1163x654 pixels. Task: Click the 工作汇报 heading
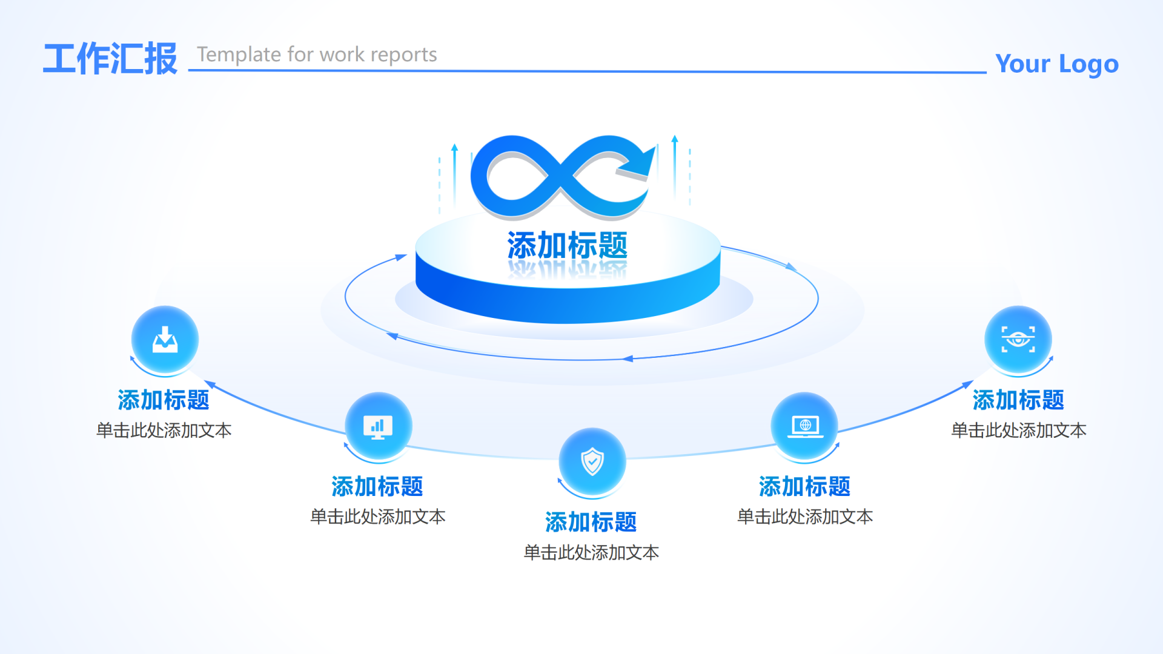(110, 59)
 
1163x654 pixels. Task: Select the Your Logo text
(1056, 64)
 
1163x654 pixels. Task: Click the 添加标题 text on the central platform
(567, 245)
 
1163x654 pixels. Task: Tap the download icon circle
(165, 340)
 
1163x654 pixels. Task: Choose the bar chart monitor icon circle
(378, 426)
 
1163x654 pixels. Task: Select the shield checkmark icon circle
(592, 462)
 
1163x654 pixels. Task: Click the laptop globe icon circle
(804, 426)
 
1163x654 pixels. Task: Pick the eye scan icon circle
(1018, 340)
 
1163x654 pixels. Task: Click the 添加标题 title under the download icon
(164, 400)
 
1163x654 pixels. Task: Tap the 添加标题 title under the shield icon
(591, 522)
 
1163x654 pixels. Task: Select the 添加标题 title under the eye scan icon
(1018, 400)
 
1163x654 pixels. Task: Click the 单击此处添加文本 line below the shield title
(591, 552)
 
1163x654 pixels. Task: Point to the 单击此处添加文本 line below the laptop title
(804, 517)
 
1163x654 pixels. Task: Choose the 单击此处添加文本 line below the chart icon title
(377, 517)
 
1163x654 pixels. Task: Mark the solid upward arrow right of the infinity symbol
(675, 167)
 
